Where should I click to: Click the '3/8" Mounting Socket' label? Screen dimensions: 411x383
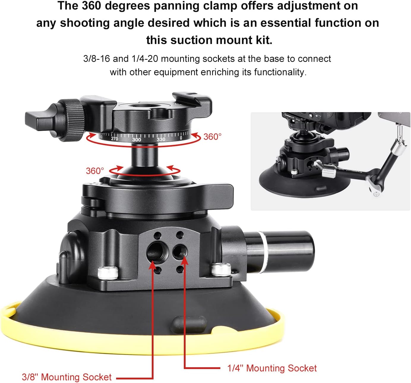click(67, 377)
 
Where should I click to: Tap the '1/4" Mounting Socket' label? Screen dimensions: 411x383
click(272, 368)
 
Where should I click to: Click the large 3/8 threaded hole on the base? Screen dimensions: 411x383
click(156, 252)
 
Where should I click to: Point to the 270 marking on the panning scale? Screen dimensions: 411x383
click(114, 139)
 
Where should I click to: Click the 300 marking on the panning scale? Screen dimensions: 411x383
click(137, 139)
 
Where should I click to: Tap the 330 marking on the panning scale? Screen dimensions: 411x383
click(161, 139)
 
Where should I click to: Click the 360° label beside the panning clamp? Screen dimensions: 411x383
click(212, 137)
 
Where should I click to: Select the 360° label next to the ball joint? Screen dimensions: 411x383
click(95, 171)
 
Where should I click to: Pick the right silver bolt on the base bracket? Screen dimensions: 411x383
click(221, 269)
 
